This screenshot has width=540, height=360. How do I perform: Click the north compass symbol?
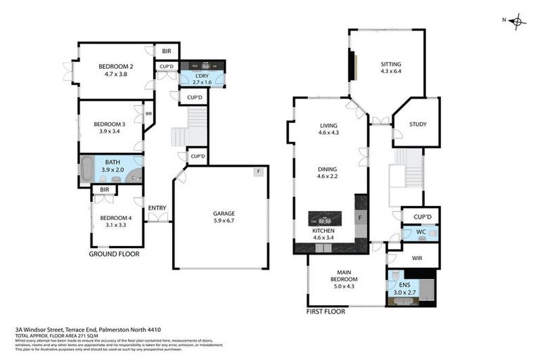(518, 21)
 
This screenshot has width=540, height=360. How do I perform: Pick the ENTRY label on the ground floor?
(157, 208)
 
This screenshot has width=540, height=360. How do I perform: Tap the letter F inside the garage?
(259, 172)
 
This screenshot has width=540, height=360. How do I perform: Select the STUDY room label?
(419, 124)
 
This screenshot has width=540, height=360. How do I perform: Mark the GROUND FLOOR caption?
(114, 254)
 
